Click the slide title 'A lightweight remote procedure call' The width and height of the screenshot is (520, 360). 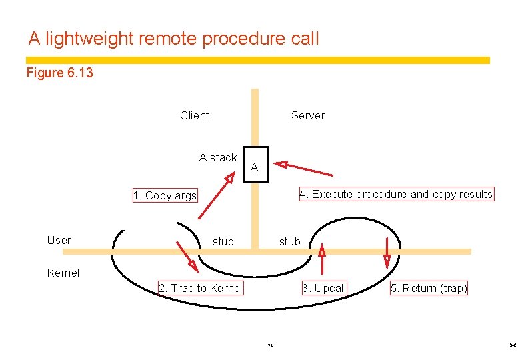coord(174,39)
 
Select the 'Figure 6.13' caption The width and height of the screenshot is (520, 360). coord(60,73)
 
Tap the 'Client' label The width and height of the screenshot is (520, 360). coord(194,115)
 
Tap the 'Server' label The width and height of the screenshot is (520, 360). coord(308,115)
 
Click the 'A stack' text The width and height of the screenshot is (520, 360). coord(218,157)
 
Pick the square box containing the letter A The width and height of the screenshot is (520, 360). coord(255,164)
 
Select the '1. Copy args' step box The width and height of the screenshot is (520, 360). coord(165,195)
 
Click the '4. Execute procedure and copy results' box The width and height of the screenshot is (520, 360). coord(396,194)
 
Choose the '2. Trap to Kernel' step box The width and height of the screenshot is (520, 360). coord(201,288)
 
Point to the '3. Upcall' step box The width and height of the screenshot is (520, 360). coord(324,288)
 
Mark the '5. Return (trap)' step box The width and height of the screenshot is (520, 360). coord(429,288)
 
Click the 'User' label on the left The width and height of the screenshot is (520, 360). coord(59,240)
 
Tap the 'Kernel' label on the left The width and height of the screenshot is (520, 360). coord(63,273)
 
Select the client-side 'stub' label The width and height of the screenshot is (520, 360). coord(223,241)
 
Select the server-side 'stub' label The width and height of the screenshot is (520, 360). coord(289,241)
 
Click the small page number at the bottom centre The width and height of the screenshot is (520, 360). coord(270,345)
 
